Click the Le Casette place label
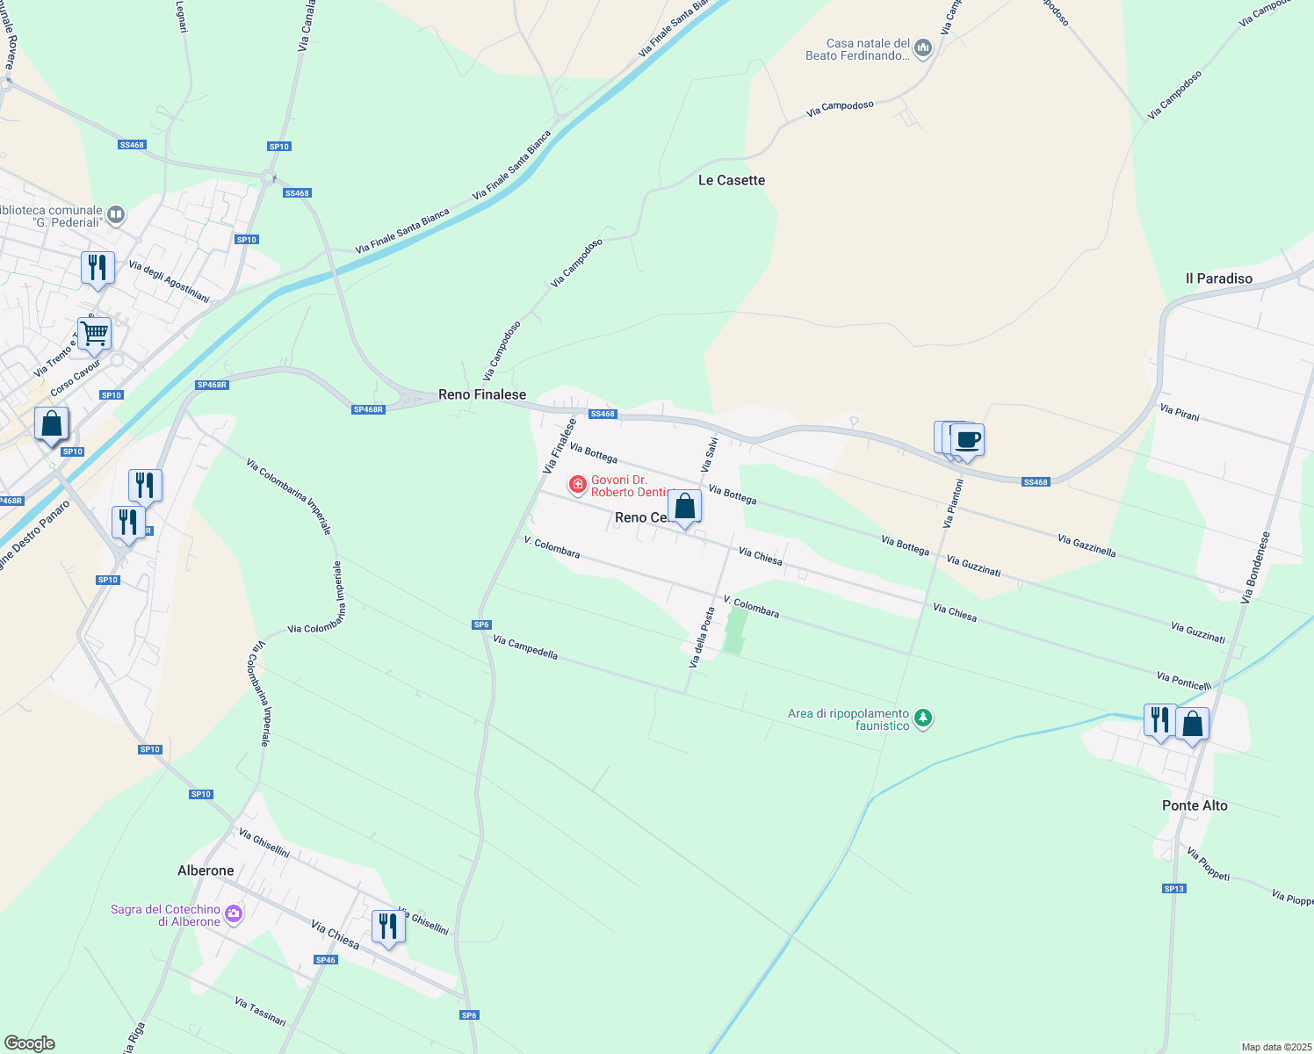[731, 180]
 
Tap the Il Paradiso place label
[1218, 278]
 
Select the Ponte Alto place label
[1195, 805]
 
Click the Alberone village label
[206, 870]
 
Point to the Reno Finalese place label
[482, 394]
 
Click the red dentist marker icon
[577, 484]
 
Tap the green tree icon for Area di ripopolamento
[922, 718]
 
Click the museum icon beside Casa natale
[922, 48]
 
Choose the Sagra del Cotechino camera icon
[233, 914]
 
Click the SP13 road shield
[1174, 889]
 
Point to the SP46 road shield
[326, 960]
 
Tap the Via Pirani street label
[1179, 412]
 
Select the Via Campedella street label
[525, 647]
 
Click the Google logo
[30, 1043]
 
